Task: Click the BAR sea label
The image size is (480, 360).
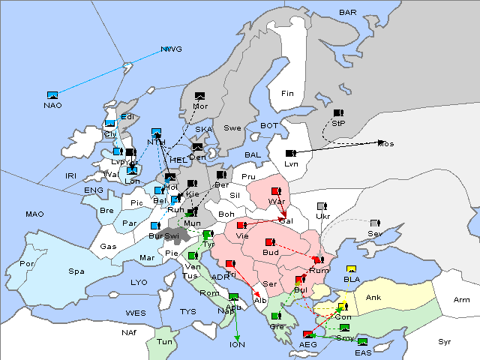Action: (348, 12)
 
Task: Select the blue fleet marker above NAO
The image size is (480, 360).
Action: (52, 95)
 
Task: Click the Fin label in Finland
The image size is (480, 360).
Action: (287, 93)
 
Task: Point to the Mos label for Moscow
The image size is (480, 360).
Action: (385, 143)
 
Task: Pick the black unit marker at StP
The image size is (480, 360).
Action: (337, 113)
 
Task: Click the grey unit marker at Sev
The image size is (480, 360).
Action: (374, 223)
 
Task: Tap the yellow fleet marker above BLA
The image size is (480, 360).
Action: (351, 269)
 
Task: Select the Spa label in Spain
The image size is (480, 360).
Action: (76, 271)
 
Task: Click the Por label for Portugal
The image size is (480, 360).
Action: (28, 264)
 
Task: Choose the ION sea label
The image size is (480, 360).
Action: (237, 345)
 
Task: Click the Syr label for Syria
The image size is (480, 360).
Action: (445, 341)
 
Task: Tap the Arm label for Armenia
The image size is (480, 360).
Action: (462, 300)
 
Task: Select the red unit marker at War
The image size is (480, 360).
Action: (275, 191)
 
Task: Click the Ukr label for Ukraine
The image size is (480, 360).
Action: (323, 217)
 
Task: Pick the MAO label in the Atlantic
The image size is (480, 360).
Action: (34, 214)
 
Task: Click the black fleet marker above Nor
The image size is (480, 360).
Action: (199, 96)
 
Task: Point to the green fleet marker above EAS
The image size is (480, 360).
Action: (362, 343)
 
